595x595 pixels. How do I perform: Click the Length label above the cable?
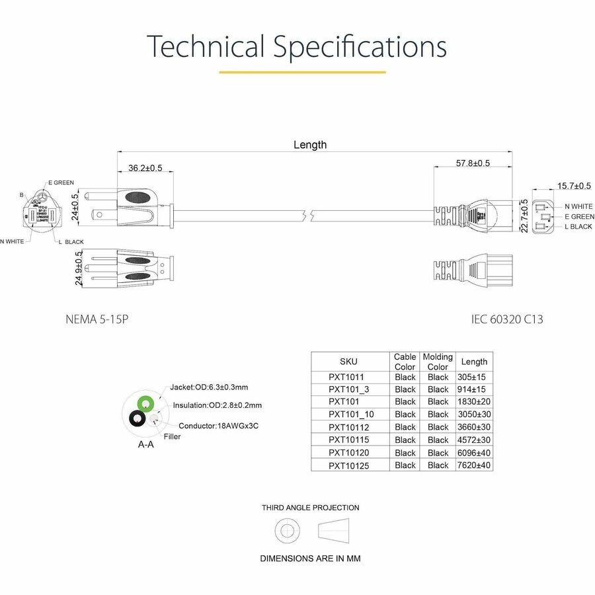(309, 145)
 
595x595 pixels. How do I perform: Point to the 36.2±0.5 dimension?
(145, 168)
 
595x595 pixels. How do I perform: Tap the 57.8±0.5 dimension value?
(473, 163)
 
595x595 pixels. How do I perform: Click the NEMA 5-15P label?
(97, 319)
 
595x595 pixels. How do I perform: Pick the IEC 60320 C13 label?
(507, 319)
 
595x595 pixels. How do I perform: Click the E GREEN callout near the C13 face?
(579, 216)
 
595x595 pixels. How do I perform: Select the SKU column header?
(348, 362)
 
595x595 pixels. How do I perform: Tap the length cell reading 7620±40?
(474, 465)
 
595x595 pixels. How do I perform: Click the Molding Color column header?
(438, 362)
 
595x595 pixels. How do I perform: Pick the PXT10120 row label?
(348, 453)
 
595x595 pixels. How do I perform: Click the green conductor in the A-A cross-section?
(145, 403)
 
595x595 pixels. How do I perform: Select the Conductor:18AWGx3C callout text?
(218, 426)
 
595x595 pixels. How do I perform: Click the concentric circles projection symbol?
(288, 530)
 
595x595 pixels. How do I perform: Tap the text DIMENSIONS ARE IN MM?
(310, 559)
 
